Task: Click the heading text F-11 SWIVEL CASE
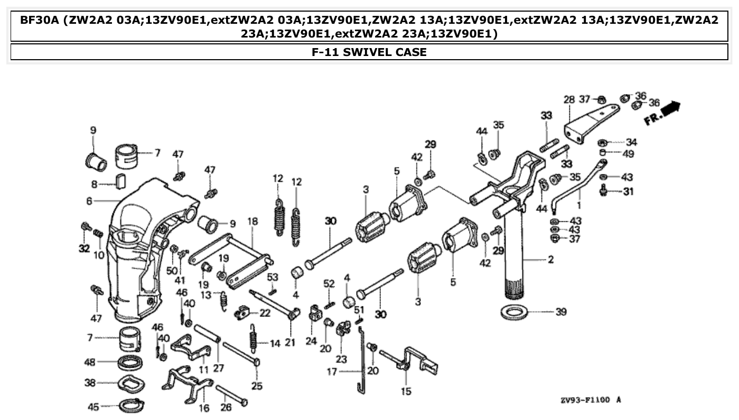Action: point(369,52)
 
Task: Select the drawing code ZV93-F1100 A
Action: point(590,400)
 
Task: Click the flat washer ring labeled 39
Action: point(514,312)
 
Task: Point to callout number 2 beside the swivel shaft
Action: point(551,260)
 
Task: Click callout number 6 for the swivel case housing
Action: point(89,201)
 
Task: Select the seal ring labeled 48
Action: point(130,363)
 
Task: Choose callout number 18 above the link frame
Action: point(252,221)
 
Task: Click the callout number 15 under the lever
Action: point(406,391)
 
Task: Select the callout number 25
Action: point(257,386)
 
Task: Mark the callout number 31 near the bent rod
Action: point(628,192)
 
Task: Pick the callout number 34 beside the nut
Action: point(631,142)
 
